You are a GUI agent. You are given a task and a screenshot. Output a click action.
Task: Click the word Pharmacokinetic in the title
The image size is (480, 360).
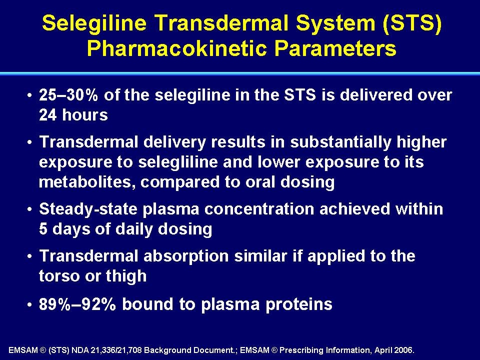(x=177, y=48)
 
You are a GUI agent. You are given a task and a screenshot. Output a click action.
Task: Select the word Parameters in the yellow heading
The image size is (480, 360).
(x=335, y=48)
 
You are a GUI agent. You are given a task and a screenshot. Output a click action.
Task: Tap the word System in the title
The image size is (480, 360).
(x=335, y=23)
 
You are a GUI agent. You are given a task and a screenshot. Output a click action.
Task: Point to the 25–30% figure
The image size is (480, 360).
(x=68, y=95)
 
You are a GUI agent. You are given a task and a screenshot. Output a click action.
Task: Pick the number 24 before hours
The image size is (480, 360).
(x=48, y=115)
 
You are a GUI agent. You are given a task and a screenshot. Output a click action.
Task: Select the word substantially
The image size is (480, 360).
(x=340, y=142)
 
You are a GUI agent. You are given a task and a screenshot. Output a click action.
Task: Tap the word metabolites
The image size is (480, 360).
(x=87, y=182)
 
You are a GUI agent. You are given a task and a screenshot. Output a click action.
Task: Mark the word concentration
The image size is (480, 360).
(x=259, y=209)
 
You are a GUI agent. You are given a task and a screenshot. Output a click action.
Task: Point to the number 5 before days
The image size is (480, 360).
(x=43, y=229)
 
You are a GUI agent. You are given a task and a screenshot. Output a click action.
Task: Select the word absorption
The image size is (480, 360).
(x=186, y=256)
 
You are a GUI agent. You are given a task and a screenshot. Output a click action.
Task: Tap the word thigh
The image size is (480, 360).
(x=126, y=276)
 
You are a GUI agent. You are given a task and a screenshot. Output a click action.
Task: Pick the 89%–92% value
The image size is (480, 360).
(x=77, y=304)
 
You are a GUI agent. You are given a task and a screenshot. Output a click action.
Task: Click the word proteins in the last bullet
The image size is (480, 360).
(x=299, y=304)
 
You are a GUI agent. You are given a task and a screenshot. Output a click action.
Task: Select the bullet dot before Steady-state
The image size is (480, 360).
(x=29, y=209)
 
